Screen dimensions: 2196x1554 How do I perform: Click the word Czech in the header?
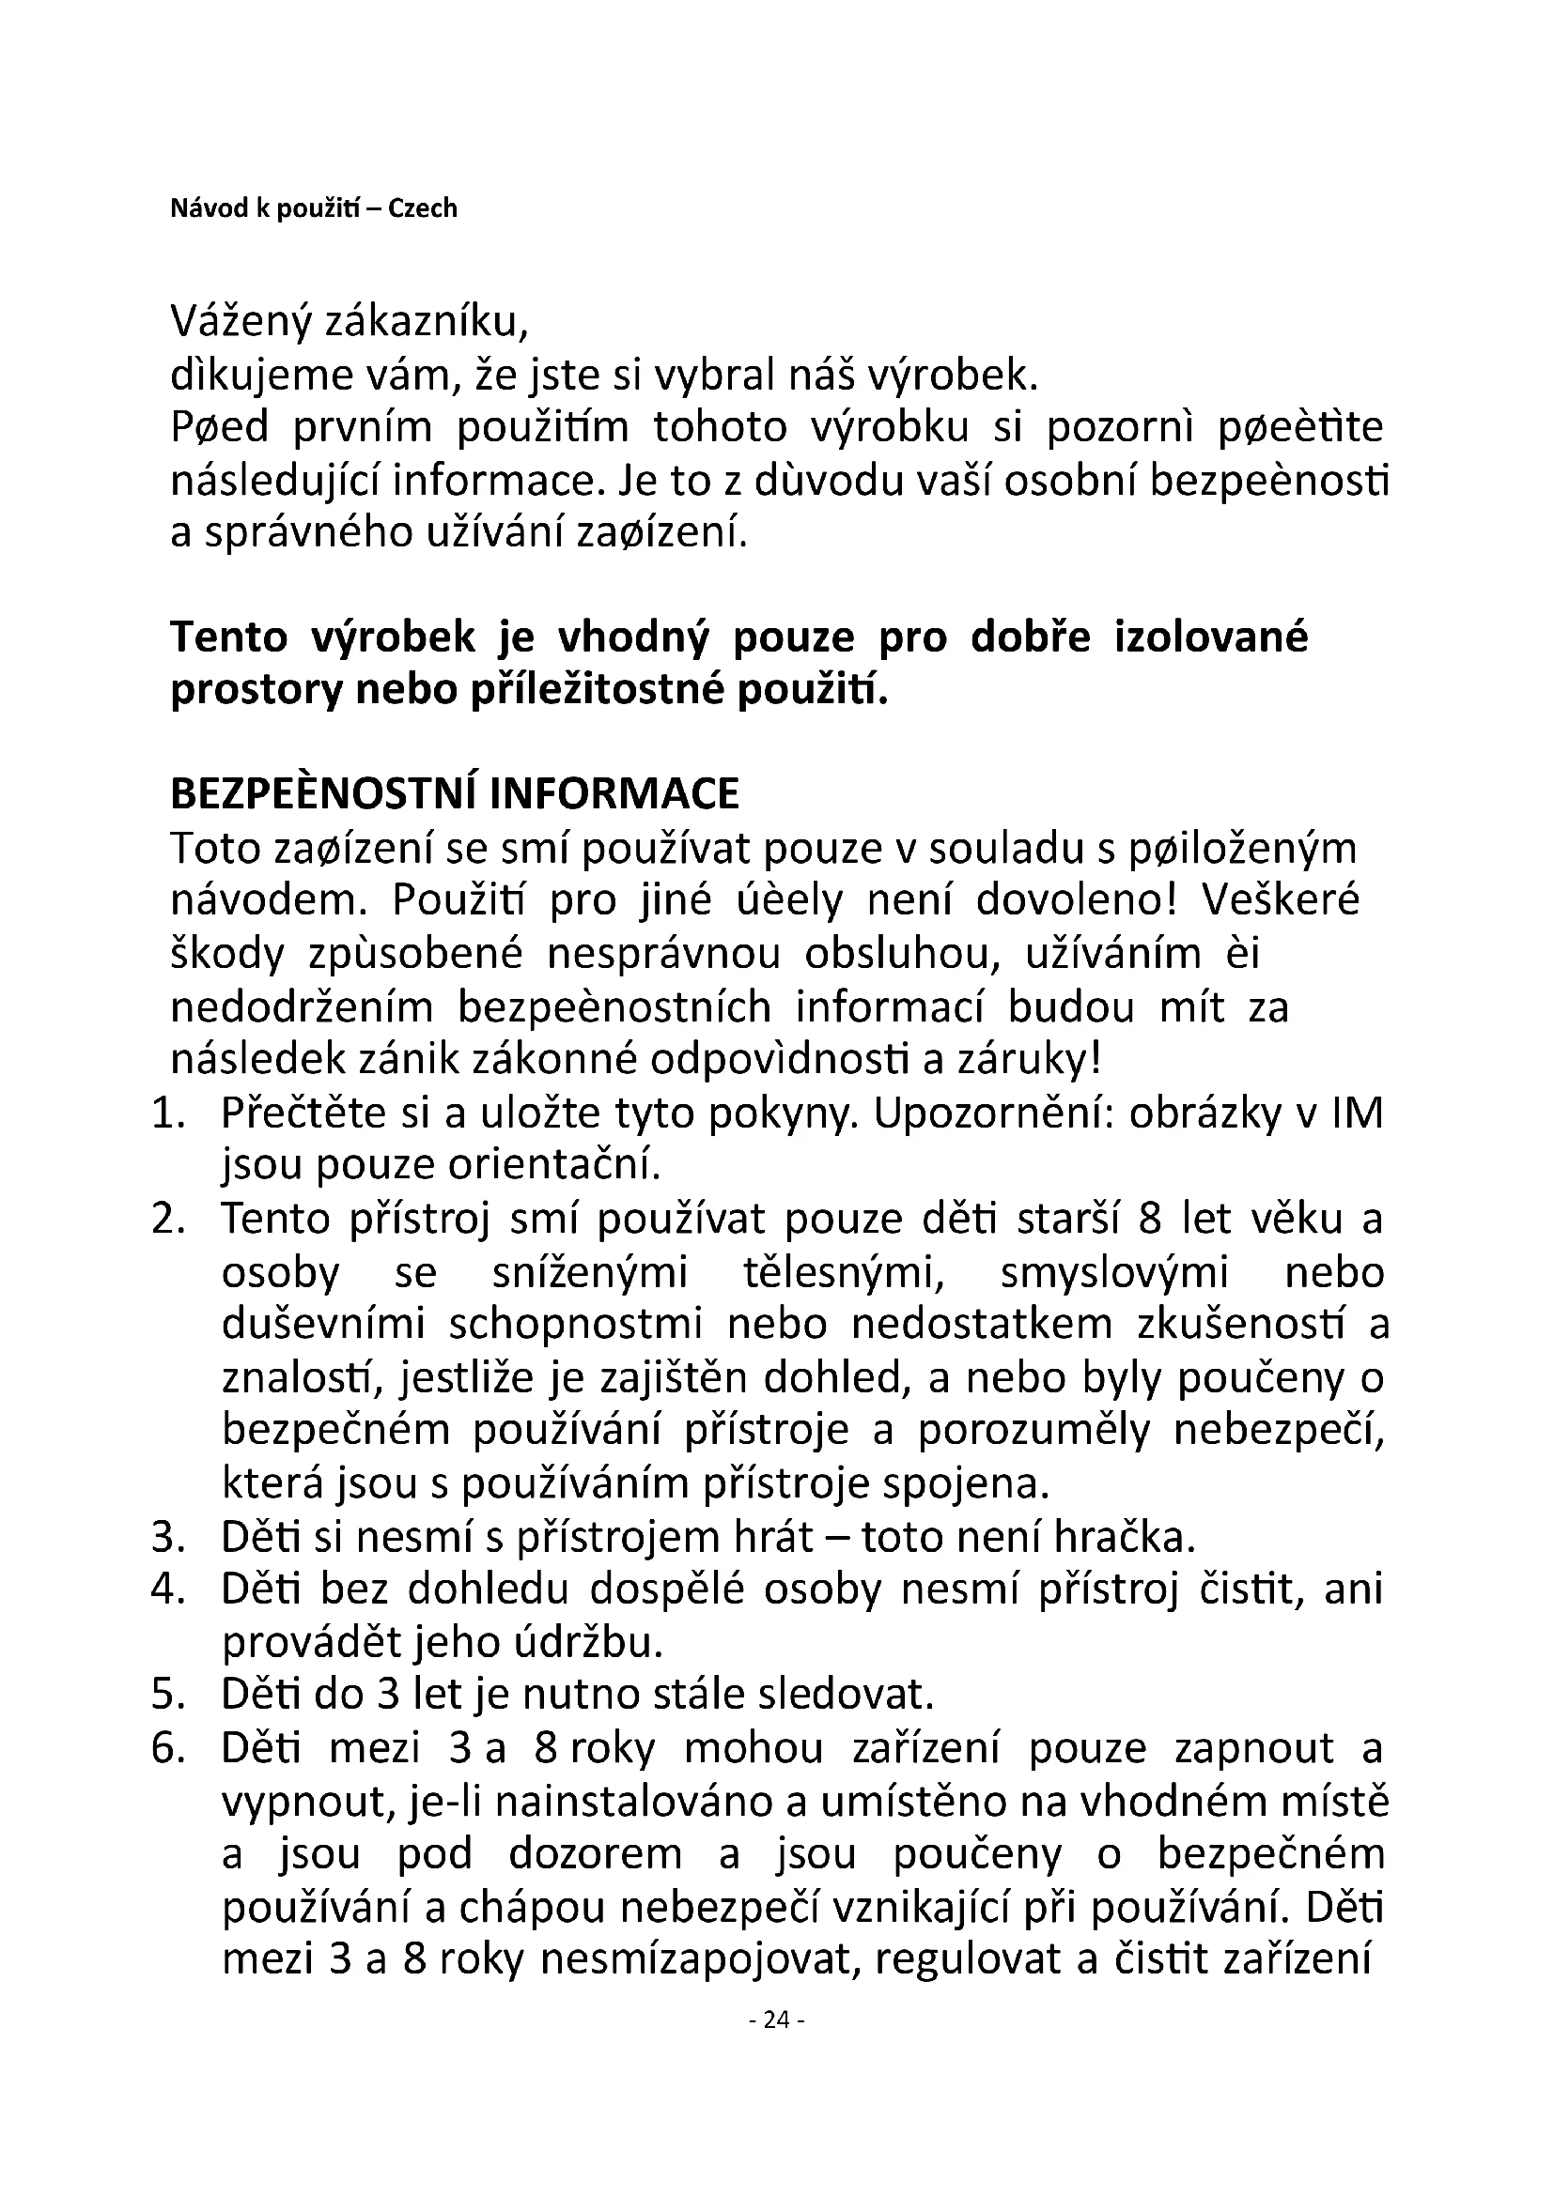click(422, 208)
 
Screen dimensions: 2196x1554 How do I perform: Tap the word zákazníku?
click(427, 324)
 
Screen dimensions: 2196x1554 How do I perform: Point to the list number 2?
click(167, 1220)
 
